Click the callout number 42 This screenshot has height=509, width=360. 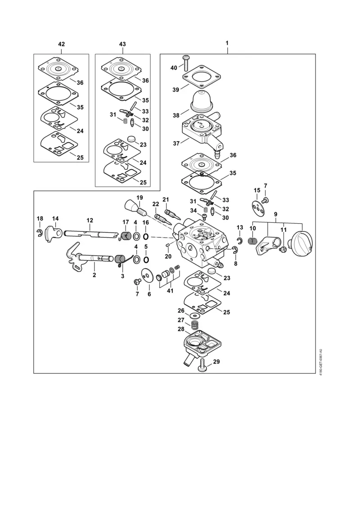pos(62,44)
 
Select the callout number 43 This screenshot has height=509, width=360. pos(122,44)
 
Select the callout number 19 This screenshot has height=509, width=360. pos(139,198)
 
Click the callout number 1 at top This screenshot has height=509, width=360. pos(227,44)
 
